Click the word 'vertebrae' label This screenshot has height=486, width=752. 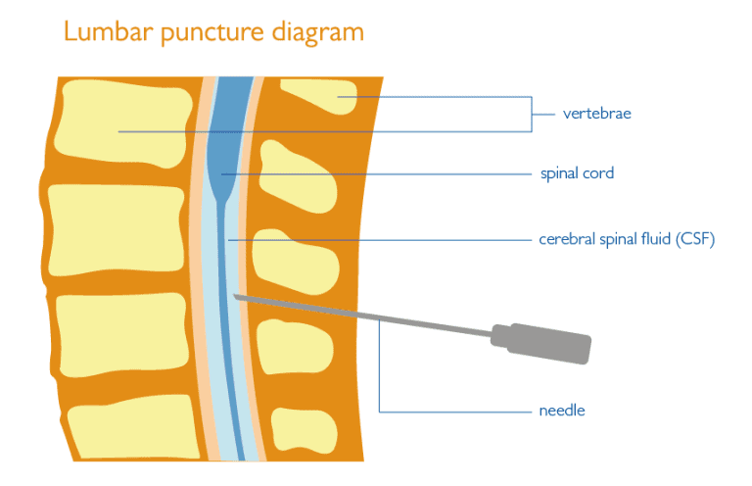[x=596, y=114]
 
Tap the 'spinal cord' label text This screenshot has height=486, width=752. [x=577, y=173]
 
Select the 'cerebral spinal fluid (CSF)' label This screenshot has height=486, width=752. [x=627, y=239]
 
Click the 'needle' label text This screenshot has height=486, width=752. [x=561, y=411]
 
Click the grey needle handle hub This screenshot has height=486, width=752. [x=548, y=341]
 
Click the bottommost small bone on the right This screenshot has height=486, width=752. [x=306, y=429]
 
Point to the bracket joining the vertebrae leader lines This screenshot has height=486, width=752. [x=532, y=114]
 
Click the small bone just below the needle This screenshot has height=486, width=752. [x=294, y=345]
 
